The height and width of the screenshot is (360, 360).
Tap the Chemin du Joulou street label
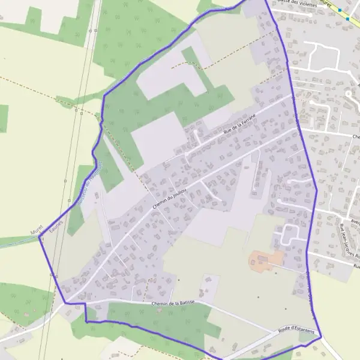tap(169, 197)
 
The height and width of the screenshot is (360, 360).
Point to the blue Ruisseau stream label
tap(90, 183)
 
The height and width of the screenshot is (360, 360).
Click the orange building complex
tap(265, 260)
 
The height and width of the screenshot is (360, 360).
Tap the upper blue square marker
tap(340, 10)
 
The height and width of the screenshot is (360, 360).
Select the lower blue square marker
tap(347, 19)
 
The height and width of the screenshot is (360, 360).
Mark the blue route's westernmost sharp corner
tap(40, 237)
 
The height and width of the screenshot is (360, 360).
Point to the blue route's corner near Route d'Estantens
tap(320, 336)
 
